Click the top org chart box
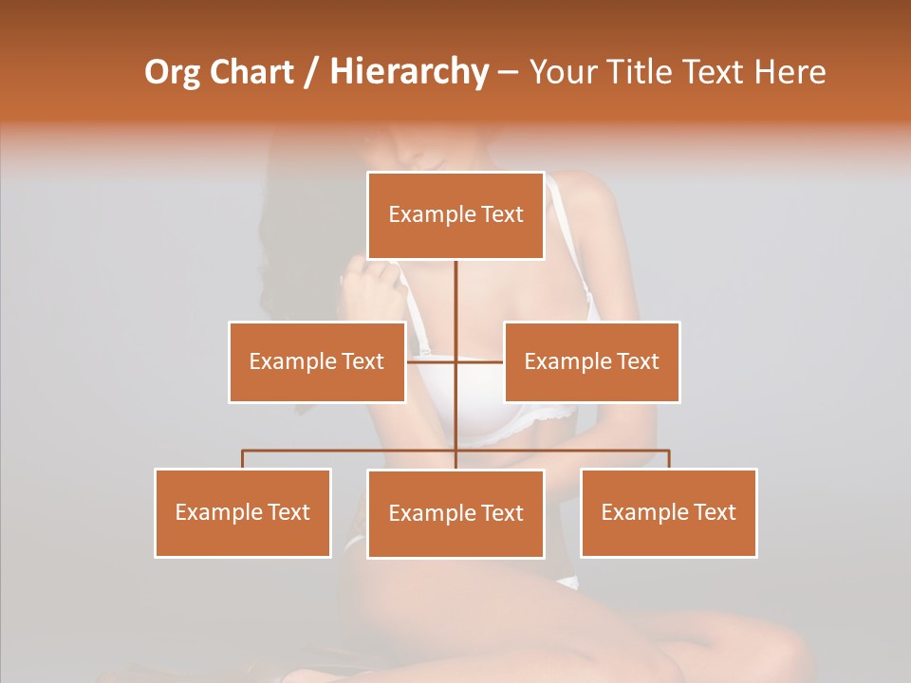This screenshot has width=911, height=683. point(455,215)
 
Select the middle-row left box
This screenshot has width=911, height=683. point(317,361)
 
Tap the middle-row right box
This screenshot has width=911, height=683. point(591,361)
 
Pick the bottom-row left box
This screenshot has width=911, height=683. point(243,512)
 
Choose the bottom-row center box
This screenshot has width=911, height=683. point(455,513)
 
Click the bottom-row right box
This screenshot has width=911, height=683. point(669,512)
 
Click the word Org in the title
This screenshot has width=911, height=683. point(172,72)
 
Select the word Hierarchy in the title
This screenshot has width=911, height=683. point(408,72)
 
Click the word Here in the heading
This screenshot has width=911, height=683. point(790,72)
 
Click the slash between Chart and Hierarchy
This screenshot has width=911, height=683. point(311,72)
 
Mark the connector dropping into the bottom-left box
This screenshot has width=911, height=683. point(243,459)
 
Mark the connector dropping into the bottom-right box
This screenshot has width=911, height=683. point(669,459)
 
